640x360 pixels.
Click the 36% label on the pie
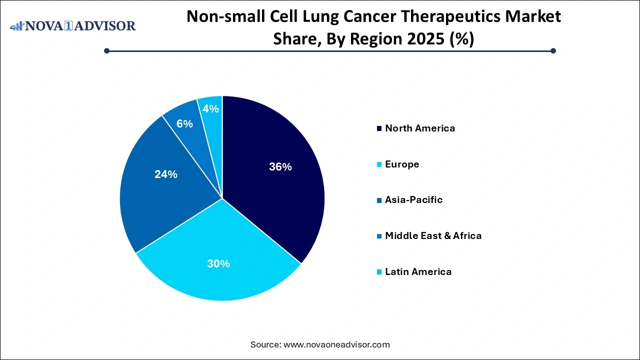click(280, 167)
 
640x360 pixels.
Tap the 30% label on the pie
click(218, 263)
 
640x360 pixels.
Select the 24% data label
click(165, 174)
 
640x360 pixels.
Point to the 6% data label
click(184, 123)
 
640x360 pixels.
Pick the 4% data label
click(211, 108)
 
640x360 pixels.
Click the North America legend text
click(420, 128)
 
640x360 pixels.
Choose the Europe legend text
click(402, 164)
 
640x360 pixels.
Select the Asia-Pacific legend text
click(413, 199)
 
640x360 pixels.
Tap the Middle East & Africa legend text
click(433, 235)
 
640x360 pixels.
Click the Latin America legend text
click(418, 271)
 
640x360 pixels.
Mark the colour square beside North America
click(379, 128)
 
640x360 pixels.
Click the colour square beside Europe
click(379, 164)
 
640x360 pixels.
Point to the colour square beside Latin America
click(379, 272)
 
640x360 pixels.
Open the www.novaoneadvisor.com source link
click(336, 344)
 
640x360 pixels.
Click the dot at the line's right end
click(553, 50)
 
